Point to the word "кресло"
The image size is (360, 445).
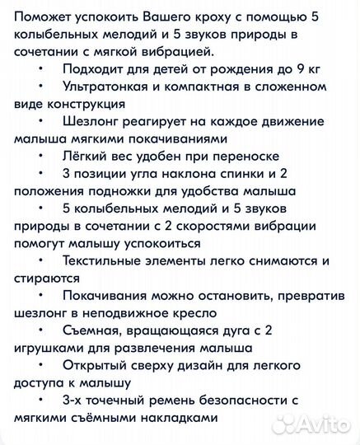(x=190, y=313)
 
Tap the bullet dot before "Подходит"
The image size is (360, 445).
(x=40, y=68)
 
